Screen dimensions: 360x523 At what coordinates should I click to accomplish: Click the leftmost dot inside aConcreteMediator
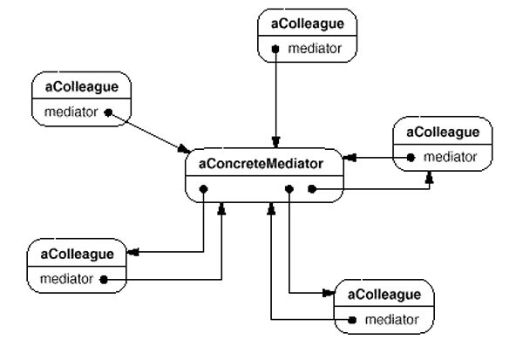pos(202,187)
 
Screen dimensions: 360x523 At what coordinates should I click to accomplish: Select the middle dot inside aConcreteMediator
pos(289,187)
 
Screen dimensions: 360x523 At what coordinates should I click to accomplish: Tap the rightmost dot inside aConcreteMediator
pos(310,187)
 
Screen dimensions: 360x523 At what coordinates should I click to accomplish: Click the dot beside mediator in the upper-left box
pos(108,112)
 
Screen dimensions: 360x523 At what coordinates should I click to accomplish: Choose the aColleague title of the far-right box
pos(443,132)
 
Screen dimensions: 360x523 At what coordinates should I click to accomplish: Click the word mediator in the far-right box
pos(450,158)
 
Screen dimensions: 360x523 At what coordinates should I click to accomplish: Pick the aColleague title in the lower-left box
pos(78,254)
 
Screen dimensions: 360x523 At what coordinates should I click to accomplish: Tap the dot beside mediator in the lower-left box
pos(103,280)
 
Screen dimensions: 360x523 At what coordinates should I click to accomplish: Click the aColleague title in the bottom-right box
pos(384,295)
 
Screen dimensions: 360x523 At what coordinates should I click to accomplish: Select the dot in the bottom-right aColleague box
pos(351,320)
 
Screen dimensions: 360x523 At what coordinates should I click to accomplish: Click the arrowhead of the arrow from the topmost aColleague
pos(275,142)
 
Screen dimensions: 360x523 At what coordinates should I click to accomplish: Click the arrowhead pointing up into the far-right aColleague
pos(429,175)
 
